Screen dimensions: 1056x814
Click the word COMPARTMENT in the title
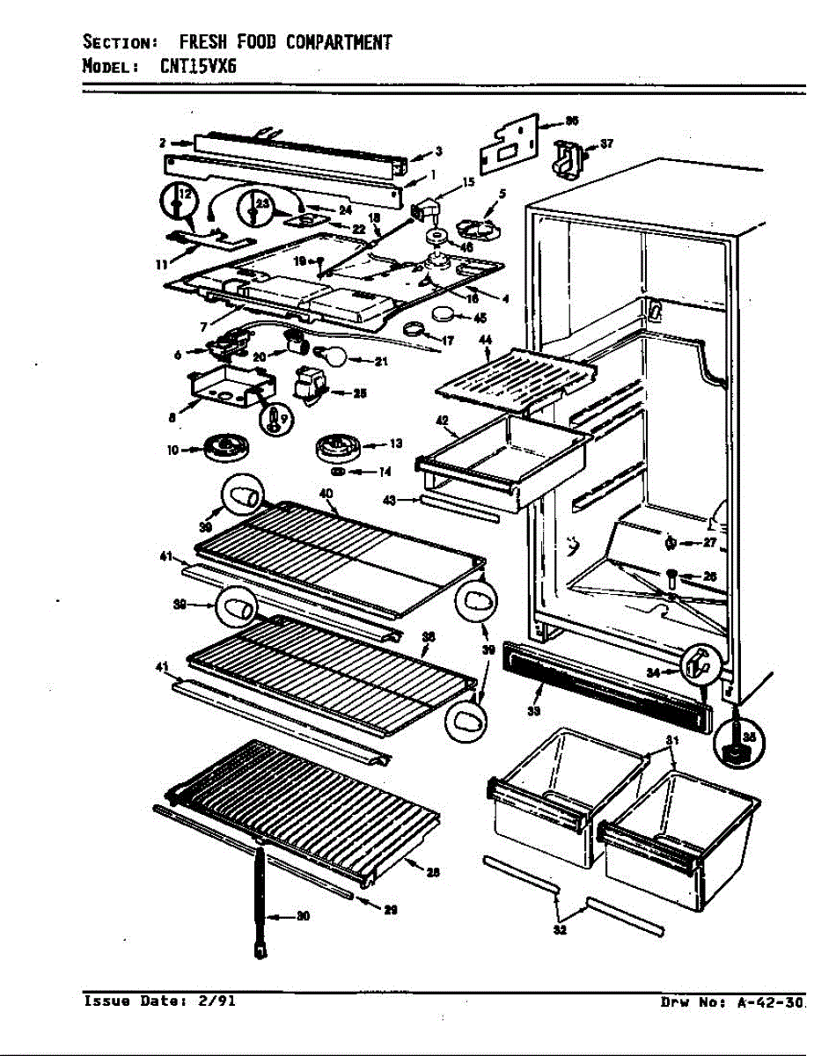point(340,42)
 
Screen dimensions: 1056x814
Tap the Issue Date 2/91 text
point(159,1001)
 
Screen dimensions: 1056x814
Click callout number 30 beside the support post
point(302,917)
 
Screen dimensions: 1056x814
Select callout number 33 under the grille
point(533,711)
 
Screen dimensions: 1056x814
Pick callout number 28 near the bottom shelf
point(432,872)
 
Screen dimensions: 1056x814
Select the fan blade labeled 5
point(475,222)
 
